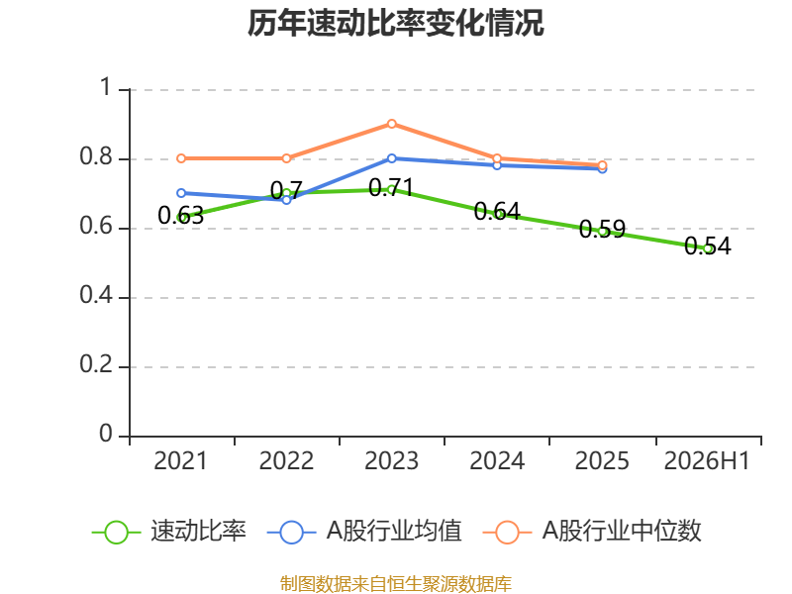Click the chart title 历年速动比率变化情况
[x=395, y=23]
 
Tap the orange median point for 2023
[x=391, y=124]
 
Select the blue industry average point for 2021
[x=181, y=193]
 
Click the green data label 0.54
[x=707, y=246]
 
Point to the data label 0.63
[x=181, y=216]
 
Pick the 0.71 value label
[x=391, y=188]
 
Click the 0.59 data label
[x=602, y=229]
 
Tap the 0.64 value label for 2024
[x=497, y=211]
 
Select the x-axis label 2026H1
[x=707, y=460]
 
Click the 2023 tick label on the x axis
[x=391, y=460]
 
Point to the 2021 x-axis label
[x=181, y=460]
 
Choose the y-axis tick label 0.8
[x=96, y=156]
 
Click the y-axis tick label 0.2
[x=96, y=364]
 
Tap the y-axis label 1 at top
[x=106, y=87]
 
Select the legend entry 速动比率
[x=169, y=532]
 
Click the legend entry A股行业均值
[x=364, y=532]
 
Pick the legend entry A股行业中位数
[x=592, y=532]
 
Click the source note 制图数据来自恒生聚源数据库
[x=396, y=584]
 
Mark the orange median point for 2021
[x=181, y=158]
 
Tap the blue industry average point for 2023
[x=391, y=158]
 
